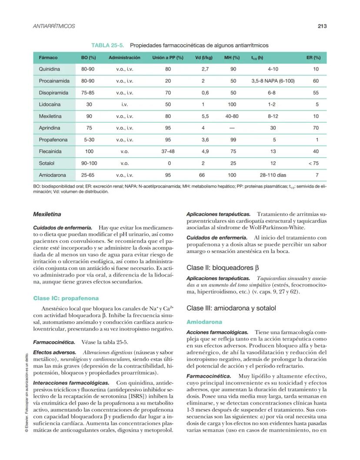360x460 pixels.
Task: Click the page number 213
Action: [322, 26]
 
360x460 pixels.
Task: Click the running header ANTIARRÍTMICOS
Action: [54, 26]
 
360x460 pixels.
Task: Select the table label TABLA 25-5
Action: [109, 45]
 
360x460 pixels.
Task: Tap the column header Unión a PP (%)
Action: [168, 57]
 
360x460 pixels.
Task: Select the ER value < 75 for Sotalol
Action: [317, 163]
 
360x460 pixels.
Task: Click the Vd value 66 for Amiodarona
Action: [202, 175]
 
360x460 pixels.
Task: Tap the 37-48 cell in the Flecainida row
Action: [168, 152]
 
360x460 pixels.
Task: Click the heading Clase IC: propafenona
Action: [66, 298]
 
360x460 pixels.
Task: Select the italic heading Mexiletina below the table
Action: [47, 214]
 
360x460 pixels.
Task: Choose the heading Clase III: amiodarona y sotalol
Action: [231, 308]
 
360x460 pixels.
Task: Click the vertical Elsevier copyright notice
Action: [27, 391]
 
